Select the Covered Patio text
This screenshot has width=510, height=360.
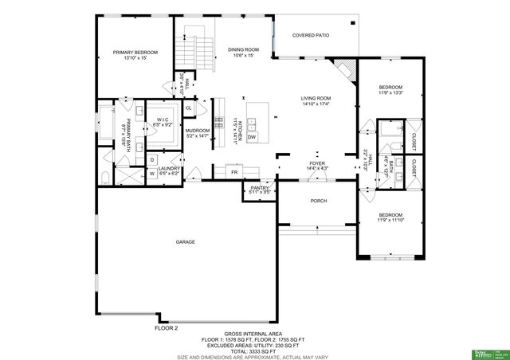point(311,35)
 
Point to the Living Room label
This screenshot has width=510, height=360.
point(316,101)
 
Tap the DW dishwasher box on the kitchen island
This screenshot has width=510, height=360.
point(252,138)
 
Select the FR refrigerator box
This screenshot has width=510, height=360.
point(234,172)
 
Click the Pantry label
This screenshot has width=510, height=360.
point(260,190)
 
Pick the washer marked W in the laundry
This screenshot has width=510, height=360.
point(151,173)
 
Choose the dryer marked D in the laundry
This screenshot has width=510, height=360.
point(151,159)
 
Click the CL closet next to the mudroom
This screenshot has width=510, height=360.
point(189,108)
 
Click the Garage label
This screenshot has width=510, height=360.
point(186,241)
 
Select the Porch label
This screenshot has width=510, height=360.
point(318,201)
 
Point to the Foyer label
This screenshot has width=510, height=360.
point(317,165)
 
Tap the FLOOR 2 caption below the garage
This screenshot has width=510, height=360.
point(166,327)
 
